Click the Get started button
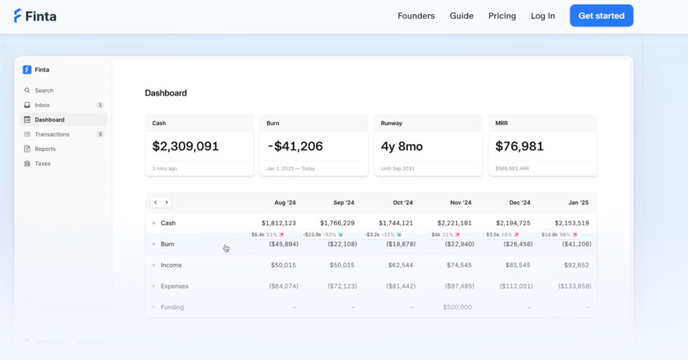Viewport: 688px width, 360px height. [x=601, y=16]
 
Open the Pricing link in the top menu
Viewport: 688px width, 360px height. [x=502, y=16]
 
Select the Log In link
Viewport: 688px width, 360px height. [x=543, y=16]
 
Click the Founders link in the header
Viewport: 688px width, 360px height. [x=416, y=16]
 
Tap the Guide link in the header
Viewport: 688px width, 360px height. [x=462, y=16]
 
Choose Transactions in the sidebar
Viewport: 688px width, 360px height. [x=52, y=134]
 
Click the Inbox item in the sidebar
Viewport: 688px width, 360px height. [x=42, y=105]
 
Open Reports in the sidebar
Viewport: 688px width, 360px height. [x=45, y=149]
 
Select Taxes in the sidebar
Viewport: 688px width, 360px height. [x=42, y=164]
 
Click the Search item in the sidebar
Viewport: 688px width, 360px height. [x=44, y=91]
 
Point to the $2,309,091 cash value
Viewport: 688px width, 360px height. [x=185, y=146]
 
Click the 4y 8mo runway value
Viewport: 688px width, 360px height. [x=401, y=146]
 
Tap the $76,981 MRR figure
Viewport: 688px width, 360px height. [x=519, y=146]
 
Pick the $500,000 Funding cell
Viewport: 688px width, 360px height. [x=457, y=308]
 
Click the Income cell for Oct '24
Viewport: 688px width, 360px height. [x=400, y=265]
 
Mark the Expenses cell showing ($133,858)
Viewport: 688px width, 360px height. [x=574, y=286]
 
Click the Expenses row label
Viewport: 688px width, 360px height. [x=174, y=286]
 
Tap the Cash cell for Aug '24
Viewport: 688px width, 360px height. [x=279, y=223]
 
